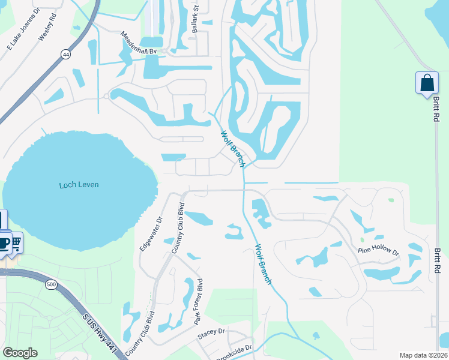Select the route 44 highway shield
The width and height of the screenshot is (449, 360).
click(64, 55)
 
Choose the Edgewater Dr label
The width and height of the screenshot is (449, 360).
click(151, 235)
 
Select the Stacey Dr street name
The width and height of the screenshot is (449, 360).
click(211, 331)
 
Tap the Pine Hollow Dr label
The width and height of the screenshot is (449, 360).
click(379, 250)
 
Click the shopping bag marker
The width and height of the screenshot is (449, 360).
click(427, 83)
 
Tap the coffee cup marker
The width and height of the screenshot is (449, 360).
click(4, 242)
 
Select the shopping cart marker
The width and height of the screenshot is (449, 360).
click(17, 243)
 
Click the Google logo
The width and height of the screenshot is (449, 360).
click(20, 352)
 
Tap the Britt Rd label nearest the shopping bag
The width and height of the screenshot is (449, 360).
click(436, 107)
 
